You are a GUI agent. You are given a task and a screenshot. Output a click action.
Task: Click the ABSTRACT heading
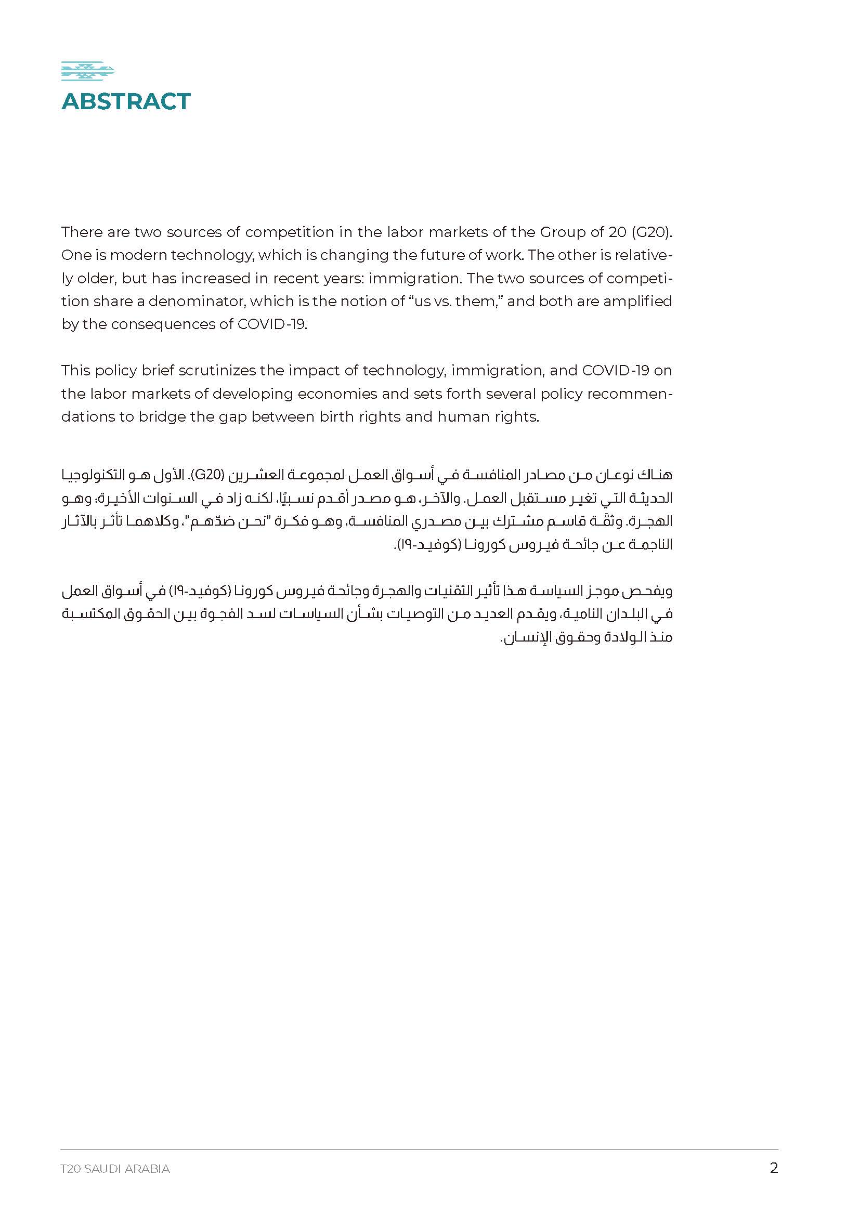pyautogui.click(x=126, y=102)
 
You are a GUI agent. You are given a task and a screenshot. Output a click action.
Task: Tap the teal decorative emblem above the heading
pyautogui.click(x=87, y=72)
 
